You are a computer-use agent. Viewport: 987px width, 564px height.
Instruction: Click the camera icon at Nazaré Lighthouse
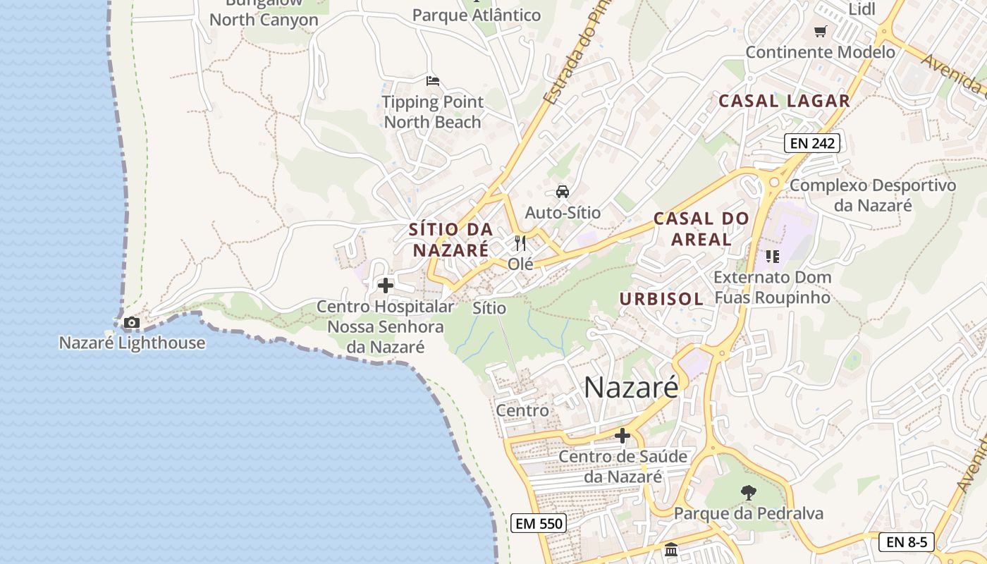pos(131,323)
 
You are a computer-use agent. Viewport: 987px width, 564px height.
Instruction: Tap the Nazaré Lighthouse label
pos(132,343)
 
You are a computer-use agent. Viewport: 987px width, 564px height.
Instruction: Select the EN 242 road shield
pos(812,143)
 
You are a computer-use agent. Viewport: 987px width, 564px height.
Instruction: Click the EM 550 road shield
pos(539,523)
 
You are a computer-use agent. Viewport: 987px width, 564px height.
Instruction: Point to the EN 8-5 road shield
pos(907,542)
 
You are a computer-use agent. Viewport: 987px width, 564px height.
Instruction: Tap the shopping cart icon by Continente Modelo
pos(820,32)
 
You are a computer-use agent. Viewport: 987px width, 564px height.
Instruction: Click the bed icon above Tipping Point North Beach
pos(433,81)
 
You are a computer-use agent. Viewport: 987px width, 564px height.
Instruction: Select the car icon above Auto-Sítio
pos(563,191)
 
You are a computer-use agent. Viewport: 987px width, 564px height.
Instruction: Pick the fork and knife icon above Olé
pos(520,243)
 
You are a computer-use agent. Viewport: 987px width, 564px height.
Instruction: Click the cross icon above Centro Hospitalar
pos(386,286)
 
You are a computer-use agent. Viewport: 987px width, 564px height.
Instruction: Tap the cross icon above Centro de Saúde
pos(623,436)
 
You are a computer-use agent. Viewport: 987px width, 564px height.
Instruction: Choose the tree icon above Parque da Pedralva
pos(748,492)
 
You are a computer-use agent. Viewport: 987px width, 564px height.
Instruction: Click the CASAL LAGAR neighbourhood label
pos(784,101)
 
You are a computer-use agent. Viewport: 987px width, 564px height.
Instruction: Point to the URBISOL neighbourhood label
pos(661,299)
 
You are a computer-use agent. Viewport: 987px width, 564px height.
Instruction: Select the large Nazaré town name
pos(631,387)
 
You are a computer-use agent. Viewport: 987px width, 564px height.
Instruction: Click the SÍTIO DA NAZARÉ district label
pos(450,240)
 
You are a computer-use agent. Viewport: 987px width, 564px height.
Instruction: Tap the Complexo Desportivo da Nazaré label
pos(873,195)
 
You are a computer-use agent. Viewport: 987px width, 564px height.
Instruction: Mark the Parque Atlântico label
pos(477,15)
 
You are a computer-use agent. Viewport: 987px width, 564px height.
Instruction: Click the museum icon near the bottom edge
pos(671,549)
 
